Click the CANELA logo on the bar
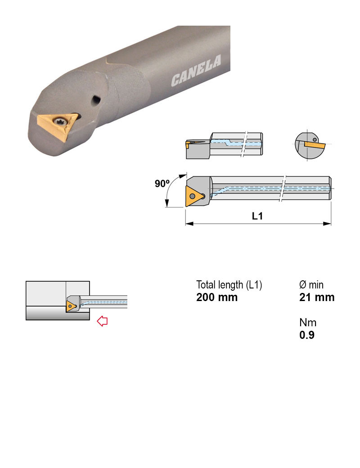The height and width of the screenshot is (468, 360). coord(196,71)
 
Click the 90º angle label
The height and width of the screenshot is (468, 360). coord(162,183)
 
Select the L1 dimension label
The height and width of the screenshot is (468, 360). coord(257,216)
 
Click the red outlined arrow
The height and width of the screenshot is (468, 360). coord(102,321)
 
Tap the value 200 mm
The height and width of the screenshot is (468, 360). coord(217,297)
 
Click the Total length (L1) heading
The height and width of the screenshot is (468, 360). coord(229,285)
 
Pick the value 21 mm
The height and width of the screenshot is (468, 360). coord(317,297)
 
